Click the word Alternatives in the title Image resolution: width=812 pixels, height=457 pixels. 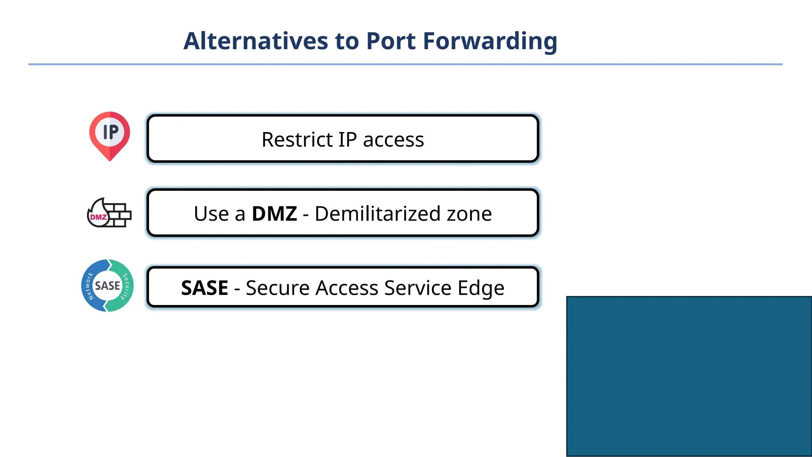pyautogui.click(x=256, y=41)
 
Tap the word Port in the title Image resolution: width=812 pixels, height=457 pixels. pyautogui.click(x=391, y=41)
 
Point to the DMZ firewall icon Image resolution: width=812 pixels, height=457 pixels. pyautogui.click(x=109, y=213)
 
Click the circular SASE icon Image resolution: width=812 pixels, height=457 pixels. pyautogui.click(x=107, y=286)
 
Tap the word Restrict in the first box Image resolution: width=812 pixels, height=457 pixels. pyautogui.click(x=297, y=140)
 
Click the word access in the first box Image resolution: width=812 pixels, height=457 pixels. pyautogui.click(x=393, y=140)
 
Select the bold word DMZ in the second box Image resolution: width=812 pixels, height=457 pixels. pyautogui.click(x=274, y=214)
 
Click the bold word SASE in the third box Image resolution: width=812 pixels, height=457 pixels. pyautogui.click(x=205, y=288)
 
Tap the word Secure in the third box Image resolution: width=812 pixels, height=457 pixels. pyautogui.click(x=277, y=288)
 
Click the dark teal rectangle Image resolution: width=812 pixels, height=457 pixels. pyautogui.click(x=689, y=376)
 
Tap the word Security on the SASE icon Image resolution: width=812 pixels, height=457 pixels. pyautogui.click(x=126, y=286)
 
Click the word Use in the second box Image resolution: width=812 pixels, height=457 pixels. pyautogui.click(x=211, y=214)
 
